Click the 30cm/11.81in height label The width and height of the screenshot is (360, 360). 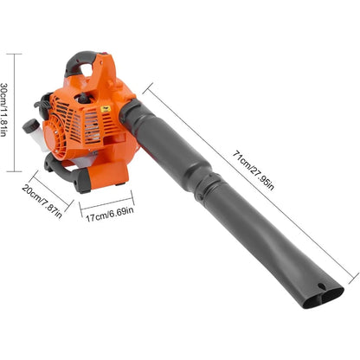coord(8,114)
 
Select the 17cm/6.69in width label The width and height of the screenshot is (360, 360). coord(107,212)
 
